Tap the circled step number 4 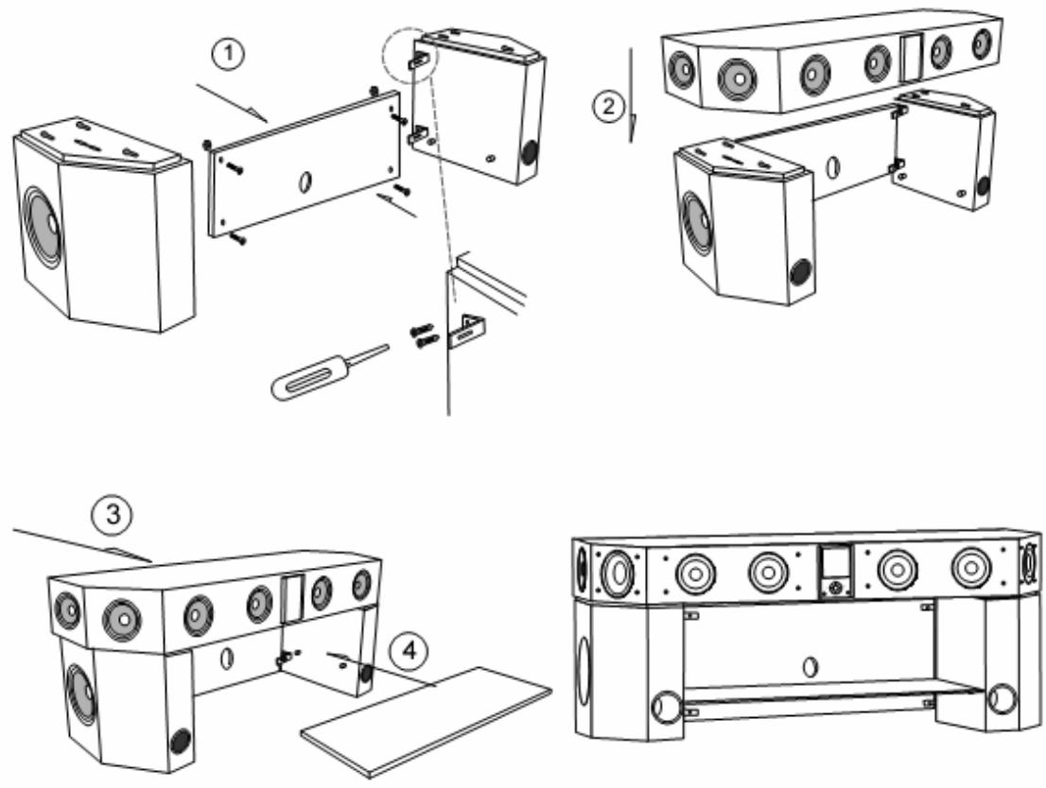(408, 651)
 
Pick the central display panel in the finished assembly (832, 572)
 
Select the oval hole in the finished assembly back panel (809, 666)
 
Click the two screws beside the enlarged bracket (423, 335)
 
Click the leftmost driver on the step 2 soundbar (678, 67)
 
